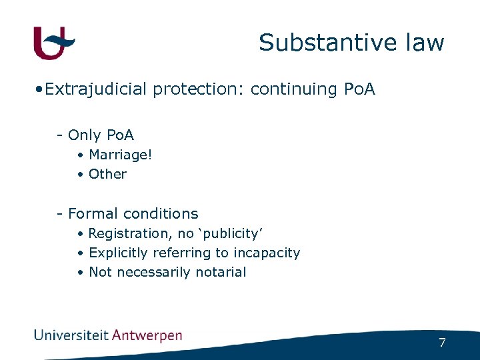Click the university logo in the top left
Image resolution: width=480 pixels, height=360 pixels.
54,43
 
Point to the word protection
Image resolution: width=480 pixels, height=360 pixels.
199,89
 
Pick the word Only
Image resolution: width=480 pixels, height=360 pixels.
83,135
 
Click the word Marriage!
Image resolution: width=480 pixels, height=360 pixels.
121,155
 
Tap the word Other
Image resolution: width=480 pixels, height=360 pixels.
107,174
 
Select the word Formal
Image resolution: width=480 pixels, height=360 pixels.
91,214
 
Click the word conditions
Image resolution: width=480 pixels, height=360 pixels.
158,214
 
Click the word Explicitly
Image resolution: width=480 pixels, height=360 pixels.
118,253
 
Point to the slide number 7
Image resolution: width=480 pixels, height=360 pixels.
442,343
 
